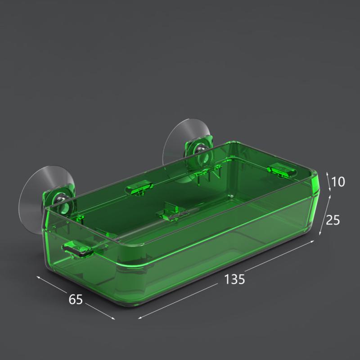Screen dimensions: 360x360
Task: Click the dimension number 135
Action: click(x=234, y=279)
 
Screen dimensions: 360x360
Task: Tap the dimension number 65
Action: click(x=76, y=299)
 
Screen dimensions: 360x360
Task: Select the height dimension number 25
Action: click(x=333, y=220)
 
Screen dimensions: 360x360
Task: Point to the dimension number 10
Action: click(x=338, y=182)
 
